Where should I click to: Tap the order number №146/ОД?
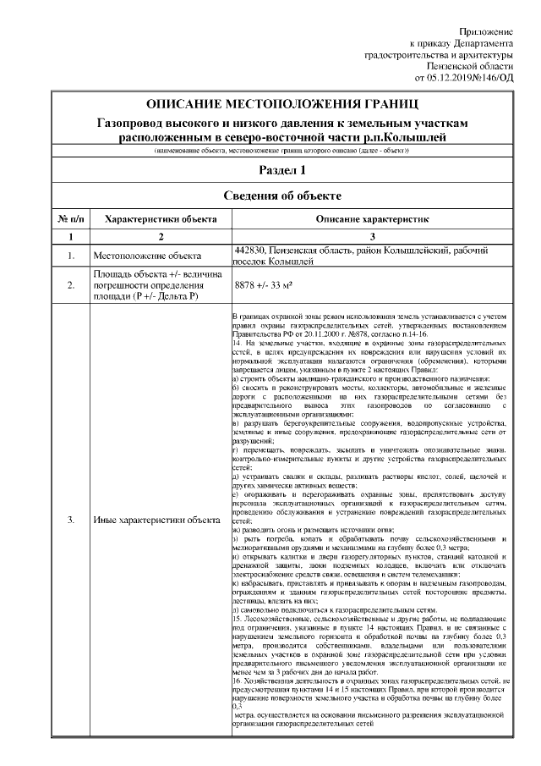(x=493, y=78)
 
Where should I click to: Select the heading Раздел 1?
(x=282, y=170)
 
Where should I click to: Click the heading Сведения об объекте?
(x=282, y=196)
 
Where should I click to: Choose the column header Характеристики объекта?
(x=160, y=218)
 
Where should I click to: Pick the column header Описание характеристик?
(x=373, y=218)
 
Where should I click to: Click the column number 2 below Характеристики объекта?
(x=160, y=236)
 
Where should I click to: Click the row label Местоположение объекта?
(x=147, y=256)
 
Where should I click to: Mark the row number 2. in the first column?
(x=71, y=287)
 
